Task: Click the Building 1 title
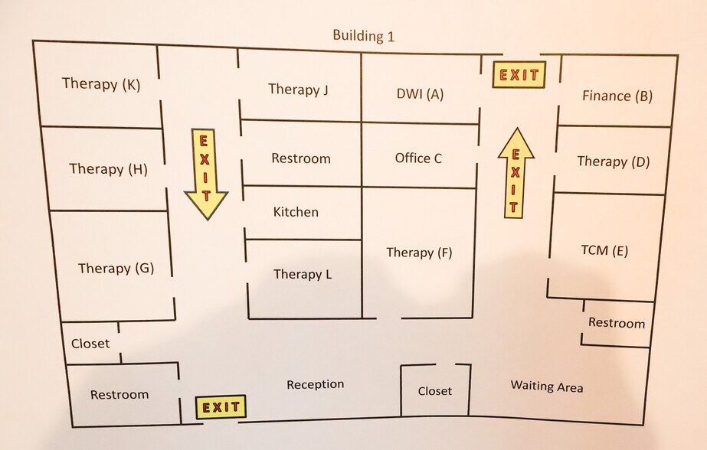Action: tap(363, 35)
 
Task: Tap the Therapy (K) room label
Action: tap(101, 83)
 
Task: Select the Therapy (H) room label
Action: tap(108, 169)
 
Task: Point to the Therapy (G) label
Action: tap(116, 269)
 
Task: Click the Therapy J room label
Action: tap(298, 90)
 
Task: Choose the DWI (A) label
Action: tap(420, 93)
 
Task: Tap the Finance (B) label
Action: tap(617, 96)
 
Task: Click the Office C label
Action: tap(418, 158)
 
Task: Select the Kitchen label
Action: tap(296, 212)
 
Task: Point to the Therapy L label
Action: tap(303, 274)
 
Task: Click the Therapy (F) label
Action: tap(419, 253)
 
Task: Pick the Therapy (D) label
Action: tap(614, 161)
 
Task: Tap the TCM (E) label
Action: tap(604, 250)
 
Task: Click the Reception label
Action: tap(315, 384)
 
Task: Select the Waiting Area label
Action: tap(546, 386)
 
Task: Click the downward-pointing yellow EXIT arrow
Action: tap(205, 174)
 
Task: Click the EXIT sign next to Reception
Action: tap(221, 406)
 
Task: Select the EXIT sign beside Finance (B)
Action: tap(519, 74)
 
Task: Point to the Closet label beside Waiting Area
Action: tap(434, 390)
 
